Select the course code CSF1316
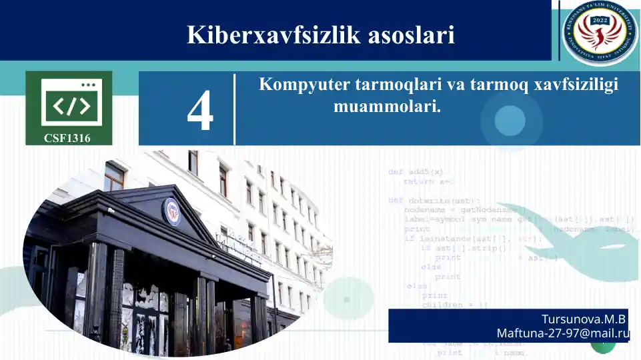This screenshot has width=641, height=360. [67, 138]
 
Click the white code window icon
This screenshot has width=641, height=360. [71, 102]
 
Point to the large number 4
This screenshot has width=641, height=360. [200, 111]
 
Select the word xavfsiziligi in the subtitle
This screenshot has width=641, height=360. [577, 85]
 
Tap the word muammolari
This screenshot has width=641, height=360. [387, 106]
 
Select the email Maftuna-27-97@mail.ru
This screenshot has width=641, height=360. [564, 333]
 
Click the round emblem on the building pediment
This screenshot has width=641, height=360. [171, 211]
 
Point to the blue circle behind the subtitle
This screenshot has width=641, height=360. [510, 120]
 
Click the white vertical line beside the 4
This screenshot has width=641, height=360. [234, 109]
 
